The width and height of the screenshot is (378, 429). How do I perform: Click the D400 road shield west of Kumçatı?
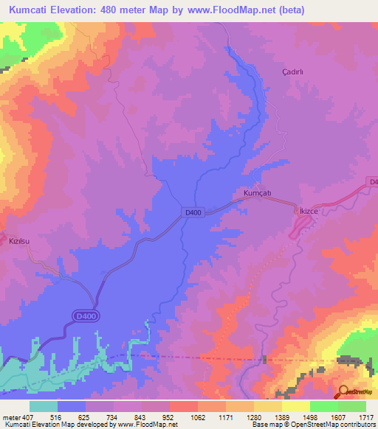[193, 212]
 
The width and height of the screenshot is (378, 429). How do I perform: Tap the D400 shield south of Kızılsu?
[86, 316]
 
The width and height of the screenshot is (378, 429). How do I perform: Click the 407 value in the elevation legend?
[22, 417]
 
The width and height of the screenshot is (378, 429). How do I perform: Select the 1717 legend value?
[365, 417]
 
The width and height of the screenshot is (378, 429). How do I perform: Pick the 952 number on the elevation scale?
[169, 417]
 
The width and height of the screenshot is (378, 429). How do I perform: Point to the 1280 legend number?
[253, 417]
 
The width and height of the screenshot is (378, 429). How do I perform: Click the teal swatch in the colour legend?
[44, 406]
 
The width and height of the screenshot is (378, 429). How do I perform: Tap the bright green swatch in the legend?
[323, 406]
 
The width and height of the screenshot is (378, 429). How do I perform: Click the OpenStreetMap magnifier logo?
[344, 391]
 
